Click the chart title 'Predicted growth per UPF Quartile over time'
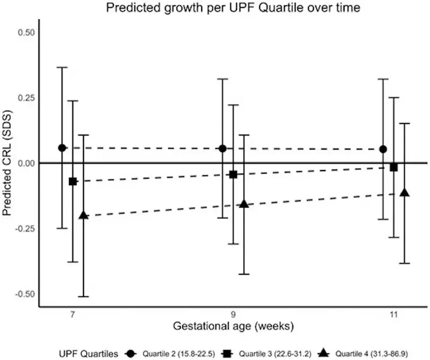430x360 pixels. click(x=215, y=8)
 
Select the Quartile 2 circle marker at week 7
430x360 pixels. click(x=62, y=148)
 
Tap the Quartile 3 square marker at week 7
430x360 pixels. click(x=73, y=181)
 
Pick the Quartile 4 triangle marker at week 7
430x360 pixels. click(x=83, y=215)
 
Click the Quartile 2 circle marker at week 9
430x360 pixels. click(x=223, y=149)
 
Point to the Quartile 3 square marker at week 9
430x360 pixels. click(x=233, y=174)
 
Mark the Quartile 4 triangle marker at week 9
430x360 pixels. click(x=243, y=204)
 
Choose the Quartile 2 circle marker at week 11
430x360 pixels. click(x=383, y=149)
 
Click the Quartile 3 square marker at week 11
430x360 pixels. click(x=394, y=167)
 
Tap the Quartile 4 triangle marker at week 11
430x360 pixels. click(x=404, y=193)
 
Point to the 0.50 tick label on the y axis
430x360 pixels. click(x=26, y=32)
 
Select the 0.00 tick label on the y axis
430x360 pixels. click(x=26, y=163)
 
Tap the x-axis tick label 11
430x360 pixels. click(x=393, y=314)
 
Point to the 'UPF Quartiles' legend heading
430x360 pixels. click(x=96, y=353)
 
